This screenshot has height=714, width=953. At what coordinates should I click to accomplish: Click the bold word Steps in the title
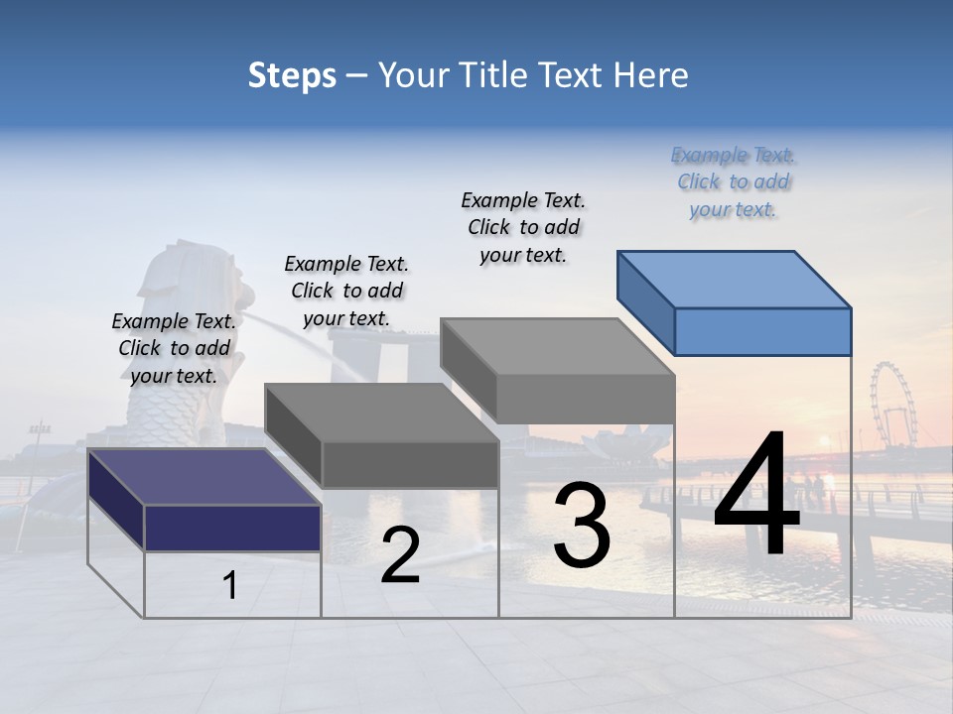click(x=292, y=75)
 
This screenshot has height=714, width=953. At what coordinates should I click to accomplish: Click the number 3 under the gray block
click(x=582, y=526)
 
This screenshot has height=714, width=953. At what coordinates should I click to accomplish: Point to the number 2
click(x=400, y=555)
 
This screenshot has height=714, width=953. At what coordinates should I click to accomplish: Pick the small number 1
click(x=230, y=586)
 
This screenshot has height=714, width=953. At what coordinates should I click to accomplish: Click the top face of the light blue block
click(x=735, y=279)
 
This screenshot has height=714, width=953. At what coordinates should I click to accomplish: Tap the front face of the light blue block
click(x=762, y=331)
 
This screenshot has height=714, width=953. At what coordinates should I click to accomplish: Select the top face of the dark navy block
click(x=204, y=476)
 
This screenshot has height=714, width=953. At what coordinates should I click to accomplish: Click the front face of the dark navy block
click(x=232, y=528)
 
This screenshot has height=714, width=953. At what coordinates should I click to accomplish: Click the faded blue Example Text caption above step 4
click(x=733, y=181)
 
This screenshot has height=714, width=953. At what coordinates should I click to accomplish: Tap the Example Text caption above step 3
click(x=523, y=227)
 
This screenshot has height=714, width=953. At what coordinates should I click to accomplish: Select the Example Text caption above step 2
click(x=346, y=291)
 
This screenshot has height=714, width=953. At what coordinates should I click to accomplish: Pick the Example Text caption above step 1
click(x=174, y=348)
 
